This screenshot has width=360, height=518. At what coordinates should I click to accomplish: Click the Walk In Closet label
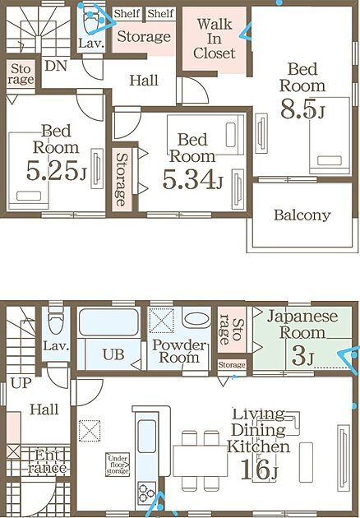pos(215,39)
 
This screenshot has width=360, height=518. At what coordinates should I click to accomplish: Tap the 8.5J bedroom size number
pos(302,109)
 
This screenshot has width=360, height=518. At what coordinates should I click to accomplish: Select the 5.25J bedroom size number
pos(56,170)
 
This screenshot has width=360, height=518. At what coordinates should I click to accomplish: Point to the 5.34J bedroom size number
pos(192,179)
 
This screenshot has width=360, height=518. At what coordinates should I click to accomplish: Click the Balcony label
pos(302,215)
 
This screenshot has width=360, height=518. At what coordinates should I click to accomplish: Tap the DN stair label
pos(56,66)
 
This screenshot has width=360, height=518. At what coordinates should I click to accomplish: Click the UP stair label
pos(21,383)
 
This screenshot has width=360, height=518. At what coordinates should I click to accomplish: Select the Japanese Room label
pos(302,325)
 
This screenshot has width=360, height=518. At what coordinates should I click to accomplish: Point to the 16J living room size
pos(260,469)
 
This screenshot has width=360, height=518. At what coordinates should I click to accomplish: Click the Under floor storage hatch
pos(118,465)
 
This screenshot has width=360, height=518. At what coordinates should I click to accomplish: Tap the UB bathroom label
pos(113,355)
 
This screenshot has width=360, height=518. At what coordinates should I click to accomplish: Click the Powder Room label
pos(179,352)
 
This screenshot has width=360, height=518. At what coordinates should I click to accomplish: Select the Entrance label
pos(47,462)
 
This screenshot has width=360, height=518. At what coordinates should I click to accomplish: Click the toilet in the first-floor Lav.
pos(56,319)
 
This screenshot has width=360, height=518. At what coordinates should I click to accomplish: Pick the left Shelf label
pos(127,13)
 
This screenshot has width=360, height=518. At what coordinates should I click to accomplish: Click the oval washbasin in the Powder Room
pos(196,319)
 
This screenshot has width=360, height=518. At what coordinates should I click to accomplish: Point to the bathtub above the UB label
pos(108,322)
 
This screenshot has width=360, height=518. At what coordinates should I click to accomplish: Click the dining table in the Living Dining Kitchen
pos(201,460)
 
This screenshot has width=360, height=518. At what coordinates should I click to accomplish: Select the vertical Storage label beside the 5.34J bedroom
pos(122,179)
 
